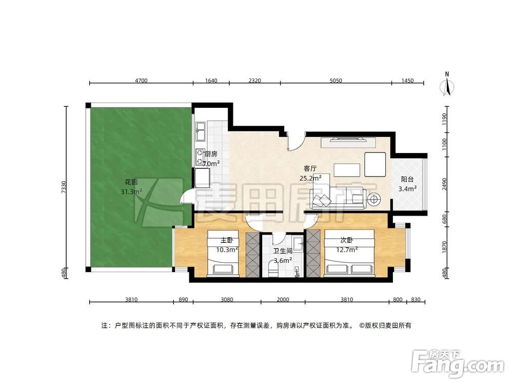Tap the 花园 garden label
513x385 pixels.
pos(131,182)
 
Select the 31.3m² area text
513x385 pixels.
pos(131,191)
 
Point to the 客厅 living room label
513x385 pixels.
pos(310,168)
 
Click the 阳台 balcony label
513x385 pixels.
pos(407,179)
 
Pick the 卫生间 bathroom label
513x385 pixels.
pos(283,251)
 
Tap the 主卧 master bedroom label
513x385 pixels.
pos(227,240)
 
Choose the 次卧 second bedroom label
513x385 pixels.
pos(347,240)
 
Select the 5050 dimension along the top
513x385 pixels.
pos(336,81)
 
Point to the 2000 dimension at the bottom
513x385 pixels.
pos(283,299)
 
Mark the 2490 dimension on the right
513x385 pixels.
pos(444,184)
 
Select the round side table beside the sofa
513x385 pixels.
pos(373,199)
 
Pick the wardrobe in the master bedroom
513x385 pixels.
pos(252,255)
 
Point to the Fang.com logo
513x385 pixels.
pos(458,363)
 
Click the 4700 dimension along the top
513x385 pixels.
pos(142,81)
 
